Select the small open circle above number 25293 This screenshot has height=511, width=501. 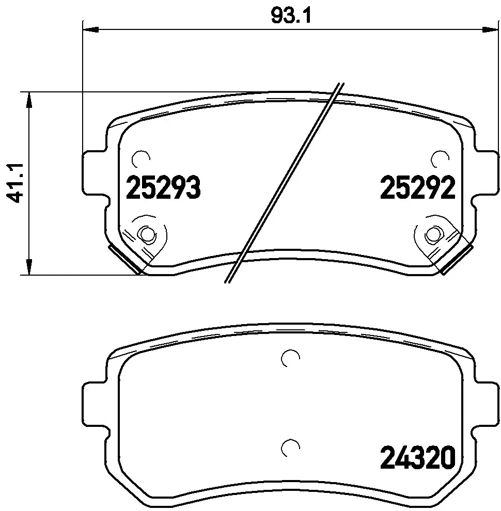pos(140,158)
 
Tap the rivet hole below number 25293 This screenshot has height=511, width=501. pos(147,235)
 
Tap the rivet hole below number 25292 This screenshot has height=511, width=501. pos(432,235)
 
